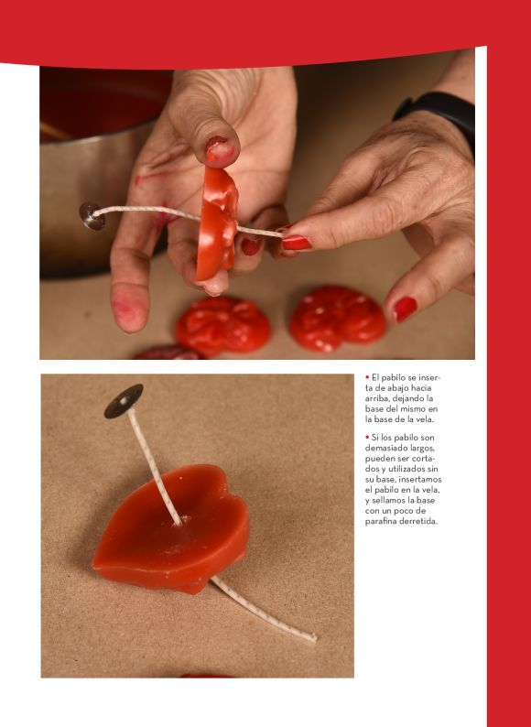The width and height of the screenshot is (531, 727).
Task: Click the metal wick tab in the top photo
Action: [x=92, y=216]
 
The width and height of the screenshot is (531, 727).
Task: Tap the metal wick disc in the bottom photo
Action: [x=124, y=401]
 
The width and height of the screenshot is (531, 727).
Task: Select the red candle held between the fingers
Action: [x=217, y=222]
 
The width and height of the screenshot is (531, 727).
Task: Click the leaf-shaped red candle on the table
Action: [x=171, y=527]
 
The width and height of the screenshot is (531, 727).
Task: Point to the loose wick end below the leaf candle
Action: [x=265, y=610]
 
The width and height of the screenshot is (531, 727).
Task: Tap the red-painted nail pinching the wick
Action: [x=297, y=243]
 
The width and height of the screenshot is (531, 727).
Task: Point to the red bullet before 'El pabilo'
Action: [x=367, y=377]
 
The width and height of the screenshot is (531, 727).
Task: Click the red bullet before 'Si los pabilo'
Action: [x=367, y=438]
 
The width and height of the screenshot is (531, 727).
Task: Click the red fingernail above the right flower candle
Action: [x=405, y=309]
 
